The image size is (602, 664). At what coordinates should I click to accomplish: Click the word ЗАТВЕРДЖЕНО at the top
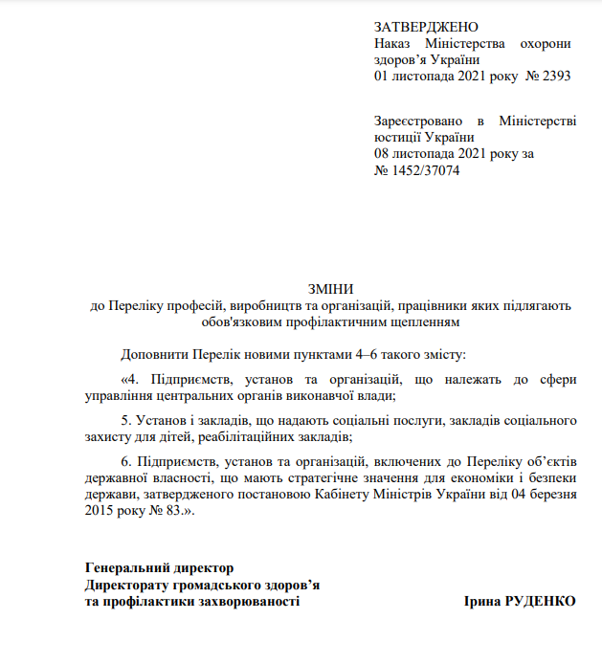point(425,27)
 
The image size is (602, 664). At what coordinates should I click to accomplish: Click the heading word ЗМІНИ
point(329,289)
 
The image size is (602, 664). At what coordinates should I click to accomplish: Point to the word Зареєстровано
point(417,122)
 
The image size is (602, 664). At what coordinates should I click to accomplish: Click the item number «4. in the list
point(131,379)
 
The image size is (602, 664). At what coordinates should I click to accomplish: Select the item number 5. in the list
point(126,420)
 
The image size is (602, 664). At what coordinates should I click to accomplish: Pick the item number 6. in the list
point(126,461)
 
